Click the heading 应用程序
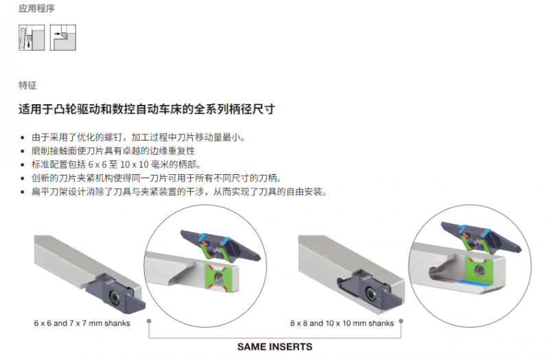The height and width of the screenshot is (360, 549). pos(36,8)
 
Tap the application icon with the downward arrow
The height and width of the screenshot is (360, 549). pos(32,38)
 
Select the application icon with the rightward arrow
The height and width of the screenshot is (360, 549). pos(63,38)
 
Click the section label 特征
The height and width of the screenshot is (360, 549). pos(27,85)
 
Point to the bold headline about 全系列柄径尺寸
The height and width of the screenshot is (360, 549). pos(147,109)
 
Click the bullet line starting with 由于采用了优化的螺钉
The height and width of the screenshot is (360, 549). pos(139,137)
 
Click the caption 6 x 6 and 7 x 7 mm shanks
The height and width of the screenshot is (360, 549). pos(82,323)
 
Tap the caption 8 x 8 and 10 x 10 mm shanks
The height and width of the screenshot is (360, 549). pos(342,323)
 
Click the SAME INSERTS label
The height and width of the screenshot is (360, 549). pos(275,347)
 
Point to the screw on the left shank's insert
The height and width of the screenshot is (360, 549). pos(115,298)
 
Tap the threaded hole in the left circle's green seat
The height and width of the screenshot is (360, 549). pos(220,277)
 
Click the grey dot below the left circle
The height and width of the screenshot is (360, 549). pos(149,321)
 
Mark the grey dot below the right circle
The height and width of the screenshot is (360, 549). pos(401,321)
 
